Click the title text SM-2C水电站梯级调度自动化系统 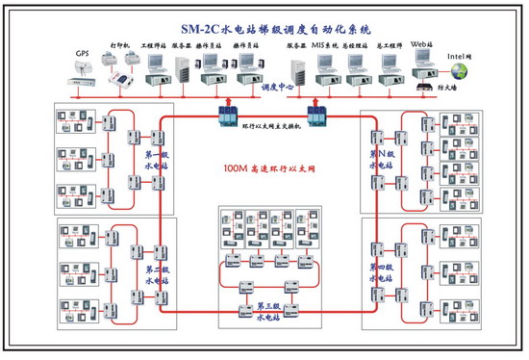coord(264,28)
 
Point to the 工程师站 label coord(154,45)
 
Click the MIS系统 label coord(326,45)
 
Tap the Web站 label coord(421,44)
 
